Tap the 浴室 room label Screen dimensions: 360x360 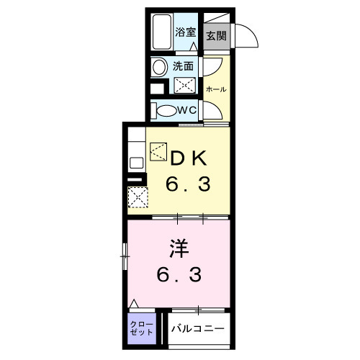pos(186,32)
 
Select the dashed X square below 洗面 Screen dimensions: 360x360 pos(185,85)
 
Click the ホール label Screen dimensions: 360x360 pos(216,89)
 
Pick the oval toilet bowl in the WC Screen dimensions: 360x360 pos(165,110)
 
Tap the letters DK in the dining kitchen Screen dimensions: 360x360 pos(189,157)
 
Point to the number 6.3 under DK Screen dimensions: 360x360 pos(189,185)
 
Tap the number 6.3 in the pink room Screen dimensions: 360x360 pos(180,274)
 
